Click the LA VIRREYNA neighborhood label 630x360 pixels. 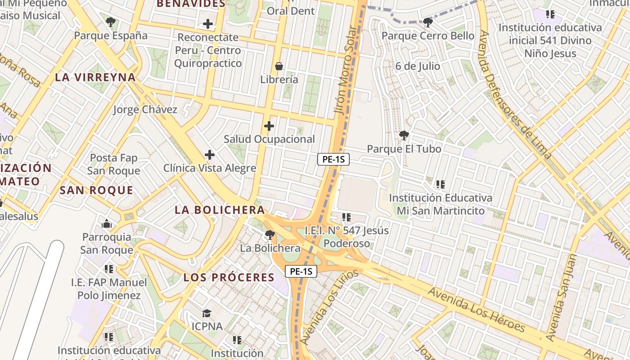[95, 77]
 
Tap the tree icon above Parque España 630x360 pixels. [111, 22]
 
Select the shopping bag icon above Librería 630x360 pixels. [279, 66]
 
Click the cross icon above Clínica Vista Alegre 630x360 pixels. [209, 155]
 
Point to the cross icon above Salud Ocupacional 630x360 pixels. [269, 126]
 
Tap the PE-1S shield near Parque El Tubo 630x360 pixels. [333, 159]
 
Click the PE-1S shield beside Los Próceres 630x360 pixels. [301, 271]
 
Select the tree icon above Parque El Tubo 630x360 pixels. [404, 135]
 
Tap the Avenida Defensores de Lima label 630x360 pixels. [515, 95]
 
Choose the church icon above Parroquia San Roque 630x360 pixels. [107, 223]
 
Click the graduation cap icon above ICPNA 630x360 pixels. [207, 313]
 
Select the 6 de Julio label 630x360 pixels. [418, 66]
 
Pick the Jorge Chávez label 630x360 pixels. [145, 109]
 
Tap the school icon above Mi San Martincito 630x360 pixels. [440, 184]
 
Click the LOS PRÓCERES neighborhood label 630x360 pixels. [229, 277]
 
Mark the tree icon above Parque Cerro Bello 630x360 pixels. [427, 22]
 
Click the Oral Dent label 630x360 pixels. [291, 11]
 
